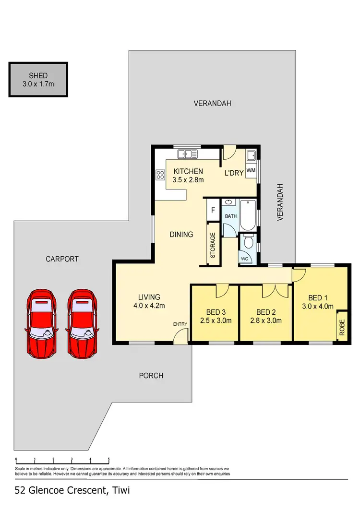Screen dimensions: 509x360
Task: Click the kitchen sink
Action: (187, 154)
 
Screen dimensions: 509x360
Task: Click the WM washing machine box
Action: (251, 170)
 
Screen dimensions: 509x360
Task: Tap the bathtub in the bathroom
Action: (248, 215)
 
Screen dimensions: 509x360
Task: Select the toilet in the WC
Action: (248, 243)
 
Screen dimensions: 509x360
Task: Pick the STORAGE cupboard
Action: (213, 245)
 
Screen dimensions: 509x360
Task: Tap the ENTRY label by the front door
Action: (180, 325)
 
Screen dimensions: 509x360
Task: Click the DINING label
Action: (181, 235)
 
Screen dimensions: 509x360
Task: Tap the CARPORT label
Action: (62, 259)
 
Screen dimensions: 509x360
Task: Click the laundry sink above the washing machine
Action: (251, 155)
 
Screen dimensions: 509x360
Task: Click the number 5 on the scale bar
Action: (109, 459)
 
